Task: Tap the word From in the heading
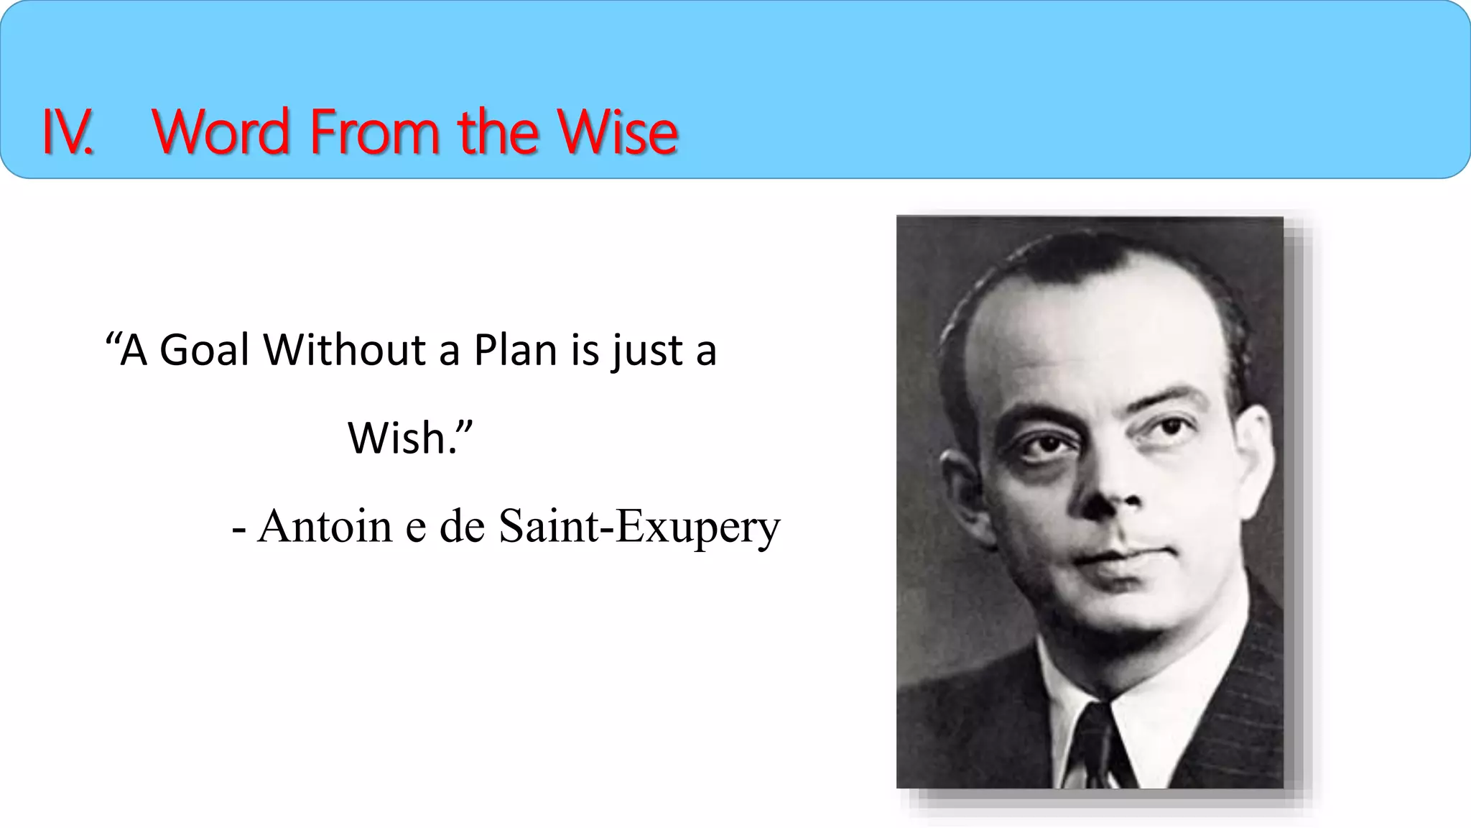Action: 375,132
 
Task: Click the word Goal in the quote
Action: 204,351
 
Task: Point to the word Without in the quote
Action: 345,351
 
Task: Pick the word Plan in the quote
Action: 515,351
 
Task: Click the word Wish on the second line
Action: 396,438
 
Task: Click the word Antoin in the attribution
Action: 325,526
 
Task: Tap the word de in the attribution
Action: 462,526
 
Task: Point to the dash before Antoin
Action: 239,530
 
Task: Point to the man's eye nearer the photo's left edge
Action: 1046,446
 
